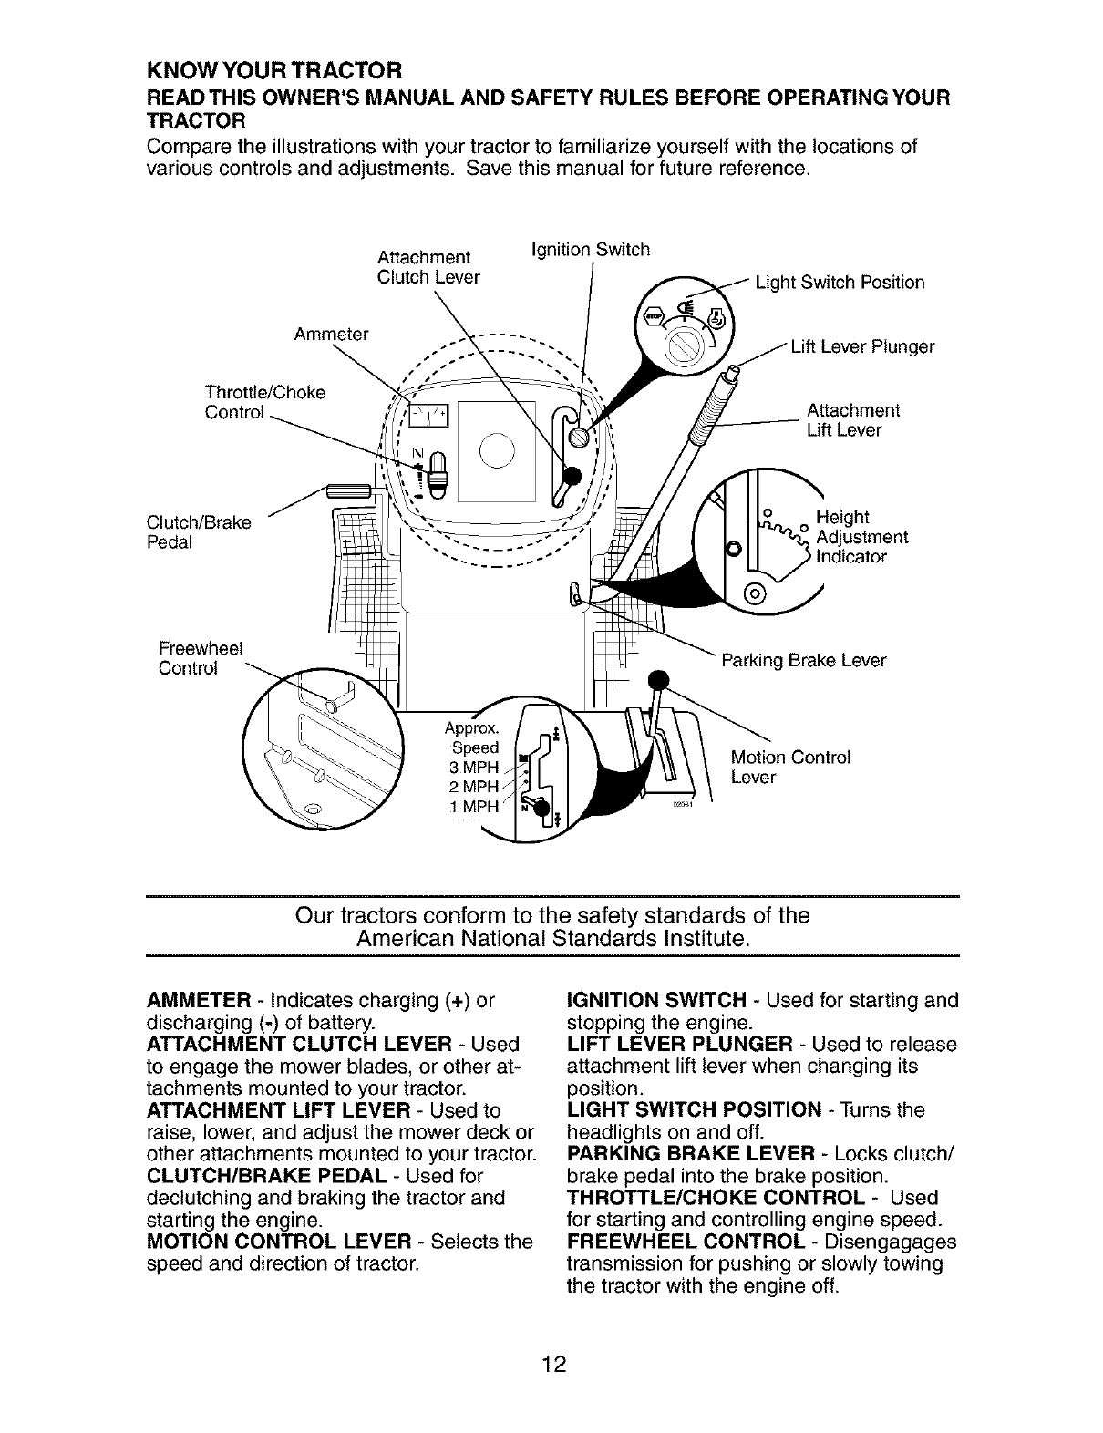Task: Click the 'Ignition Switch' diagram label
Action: (590, 250)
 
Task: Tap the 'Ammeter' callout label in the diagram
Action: (331, 335)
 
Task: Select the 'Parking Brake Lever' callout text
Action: (803, 660)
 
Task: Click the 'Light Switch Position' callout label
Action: (840, 283)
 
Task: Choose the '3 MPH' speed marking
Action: (469, 768)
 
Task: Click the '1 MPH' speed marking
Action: (470, 807)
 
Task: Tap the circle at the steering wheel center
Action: (497, 451)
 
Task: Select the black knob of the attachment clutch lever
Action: (573, 475)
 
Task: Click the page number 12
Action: (552, 1365)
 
